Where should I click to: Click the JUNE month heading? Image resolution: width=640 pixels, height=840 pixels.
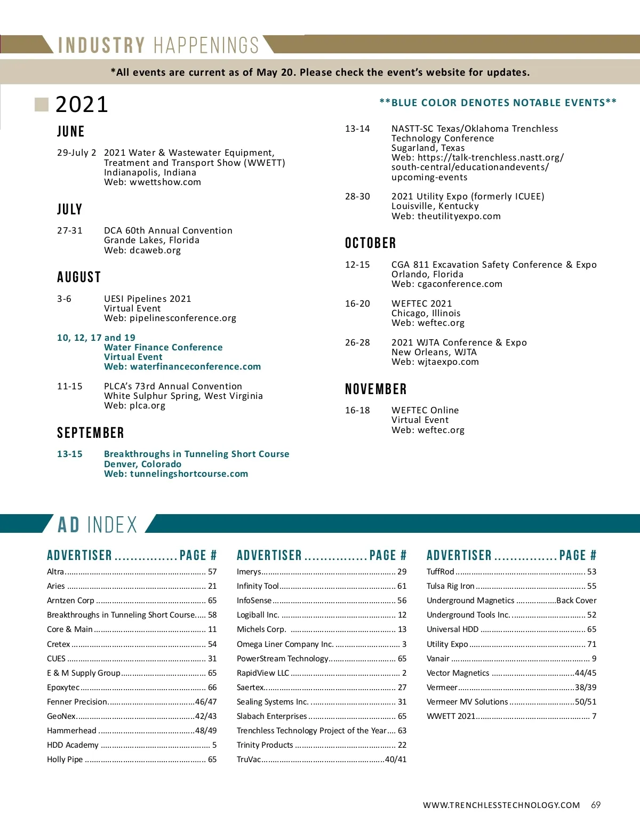point(71,132)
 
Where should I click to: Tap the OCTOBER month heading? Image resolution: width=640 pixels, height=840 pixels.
point(371,243)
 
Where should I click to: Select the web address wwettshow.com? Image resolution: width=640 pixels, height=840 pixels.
point(165,182)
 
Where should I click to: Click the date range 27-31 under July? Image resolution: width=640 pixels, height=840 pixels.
point(70,230)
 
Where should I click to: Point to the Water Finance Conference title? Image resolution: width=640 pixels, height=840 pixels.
point(163,347)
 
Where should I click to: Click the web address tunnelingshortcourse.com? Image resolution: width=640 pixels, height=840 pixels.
point(189,474)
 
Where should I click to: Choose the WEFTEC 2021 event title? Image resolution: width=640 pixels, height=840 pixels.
point(421,303)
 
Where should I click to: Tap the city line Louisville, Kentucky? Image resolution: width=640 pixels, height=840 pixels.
point(435,206)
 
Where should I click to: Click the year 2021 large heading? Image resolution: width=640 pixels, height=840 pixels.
point(82,105)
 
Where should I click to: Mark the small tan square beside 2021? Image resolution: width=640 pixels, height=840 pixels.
point(42,105)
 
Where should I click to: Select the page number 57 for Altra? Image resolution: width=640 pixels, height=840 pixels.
point(212,572)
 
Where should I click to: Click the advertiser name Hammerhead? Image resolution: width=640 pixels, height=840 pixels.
point(71,731)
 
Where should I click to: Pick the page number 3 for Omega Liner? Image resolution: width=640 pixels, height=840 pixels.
point(404,644)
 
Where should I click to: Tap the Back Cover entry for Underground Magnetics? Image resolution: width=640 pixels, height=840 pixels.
point(576,601)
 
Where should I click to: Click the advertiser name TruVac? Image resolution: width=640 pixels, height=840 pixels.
point(249,759)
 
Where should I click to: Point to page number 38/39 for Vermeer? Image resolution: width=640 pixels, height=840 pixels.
point(586,687)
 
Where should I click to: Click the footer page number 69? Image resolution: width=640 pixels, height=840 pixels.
point(596,805)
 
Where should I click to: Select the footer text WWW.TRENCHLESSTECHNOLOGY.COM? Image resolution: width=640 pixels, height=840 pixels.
point(501,805)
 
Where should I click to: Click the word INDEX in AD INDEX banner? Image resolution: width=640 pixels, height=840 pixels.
point(112,525)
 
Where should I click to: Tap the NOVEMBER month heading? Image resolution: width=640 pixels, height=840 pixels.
point(376,389)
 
